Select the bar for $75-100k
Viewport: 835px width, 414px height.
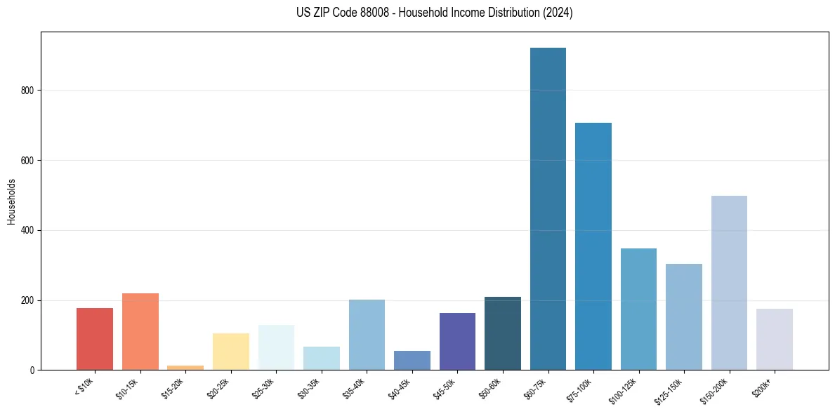coord(593,246)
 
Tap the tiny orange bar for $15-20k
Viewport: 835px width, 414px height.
coord(185,367)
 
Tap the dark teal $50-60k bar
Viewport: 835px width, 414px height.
coord(502,333)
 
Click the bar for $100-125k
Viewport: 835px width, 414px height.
coord(638,309)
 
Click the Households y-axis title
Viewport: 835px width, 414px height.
coord(11,201)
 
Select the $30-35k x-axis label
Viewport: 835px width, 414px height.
coord(310,388)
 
